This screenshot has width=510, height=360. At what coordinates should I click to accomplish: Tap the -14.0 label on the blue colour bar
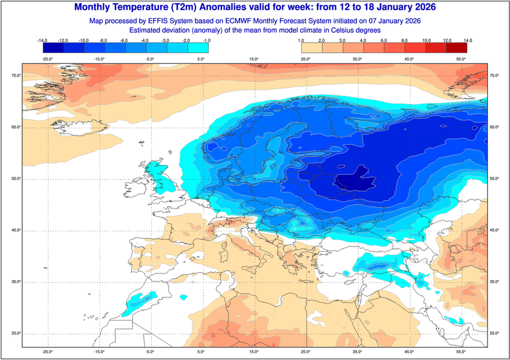point(43,40)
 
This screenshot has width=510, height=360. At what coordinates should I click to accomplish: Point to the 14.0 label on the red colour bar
point(467,40)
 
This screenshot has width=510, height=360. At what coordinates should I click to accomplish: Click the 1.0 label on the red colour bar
point(301,40)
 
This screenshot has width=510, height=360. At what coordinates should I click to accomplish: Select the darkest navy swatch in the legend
point(52,47)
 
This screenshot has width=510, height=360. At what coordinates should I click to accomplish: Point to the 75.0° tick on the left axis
point(15,76)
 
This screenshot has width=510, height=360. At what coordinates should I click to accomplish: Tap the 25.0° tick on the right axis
point(495,333)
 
